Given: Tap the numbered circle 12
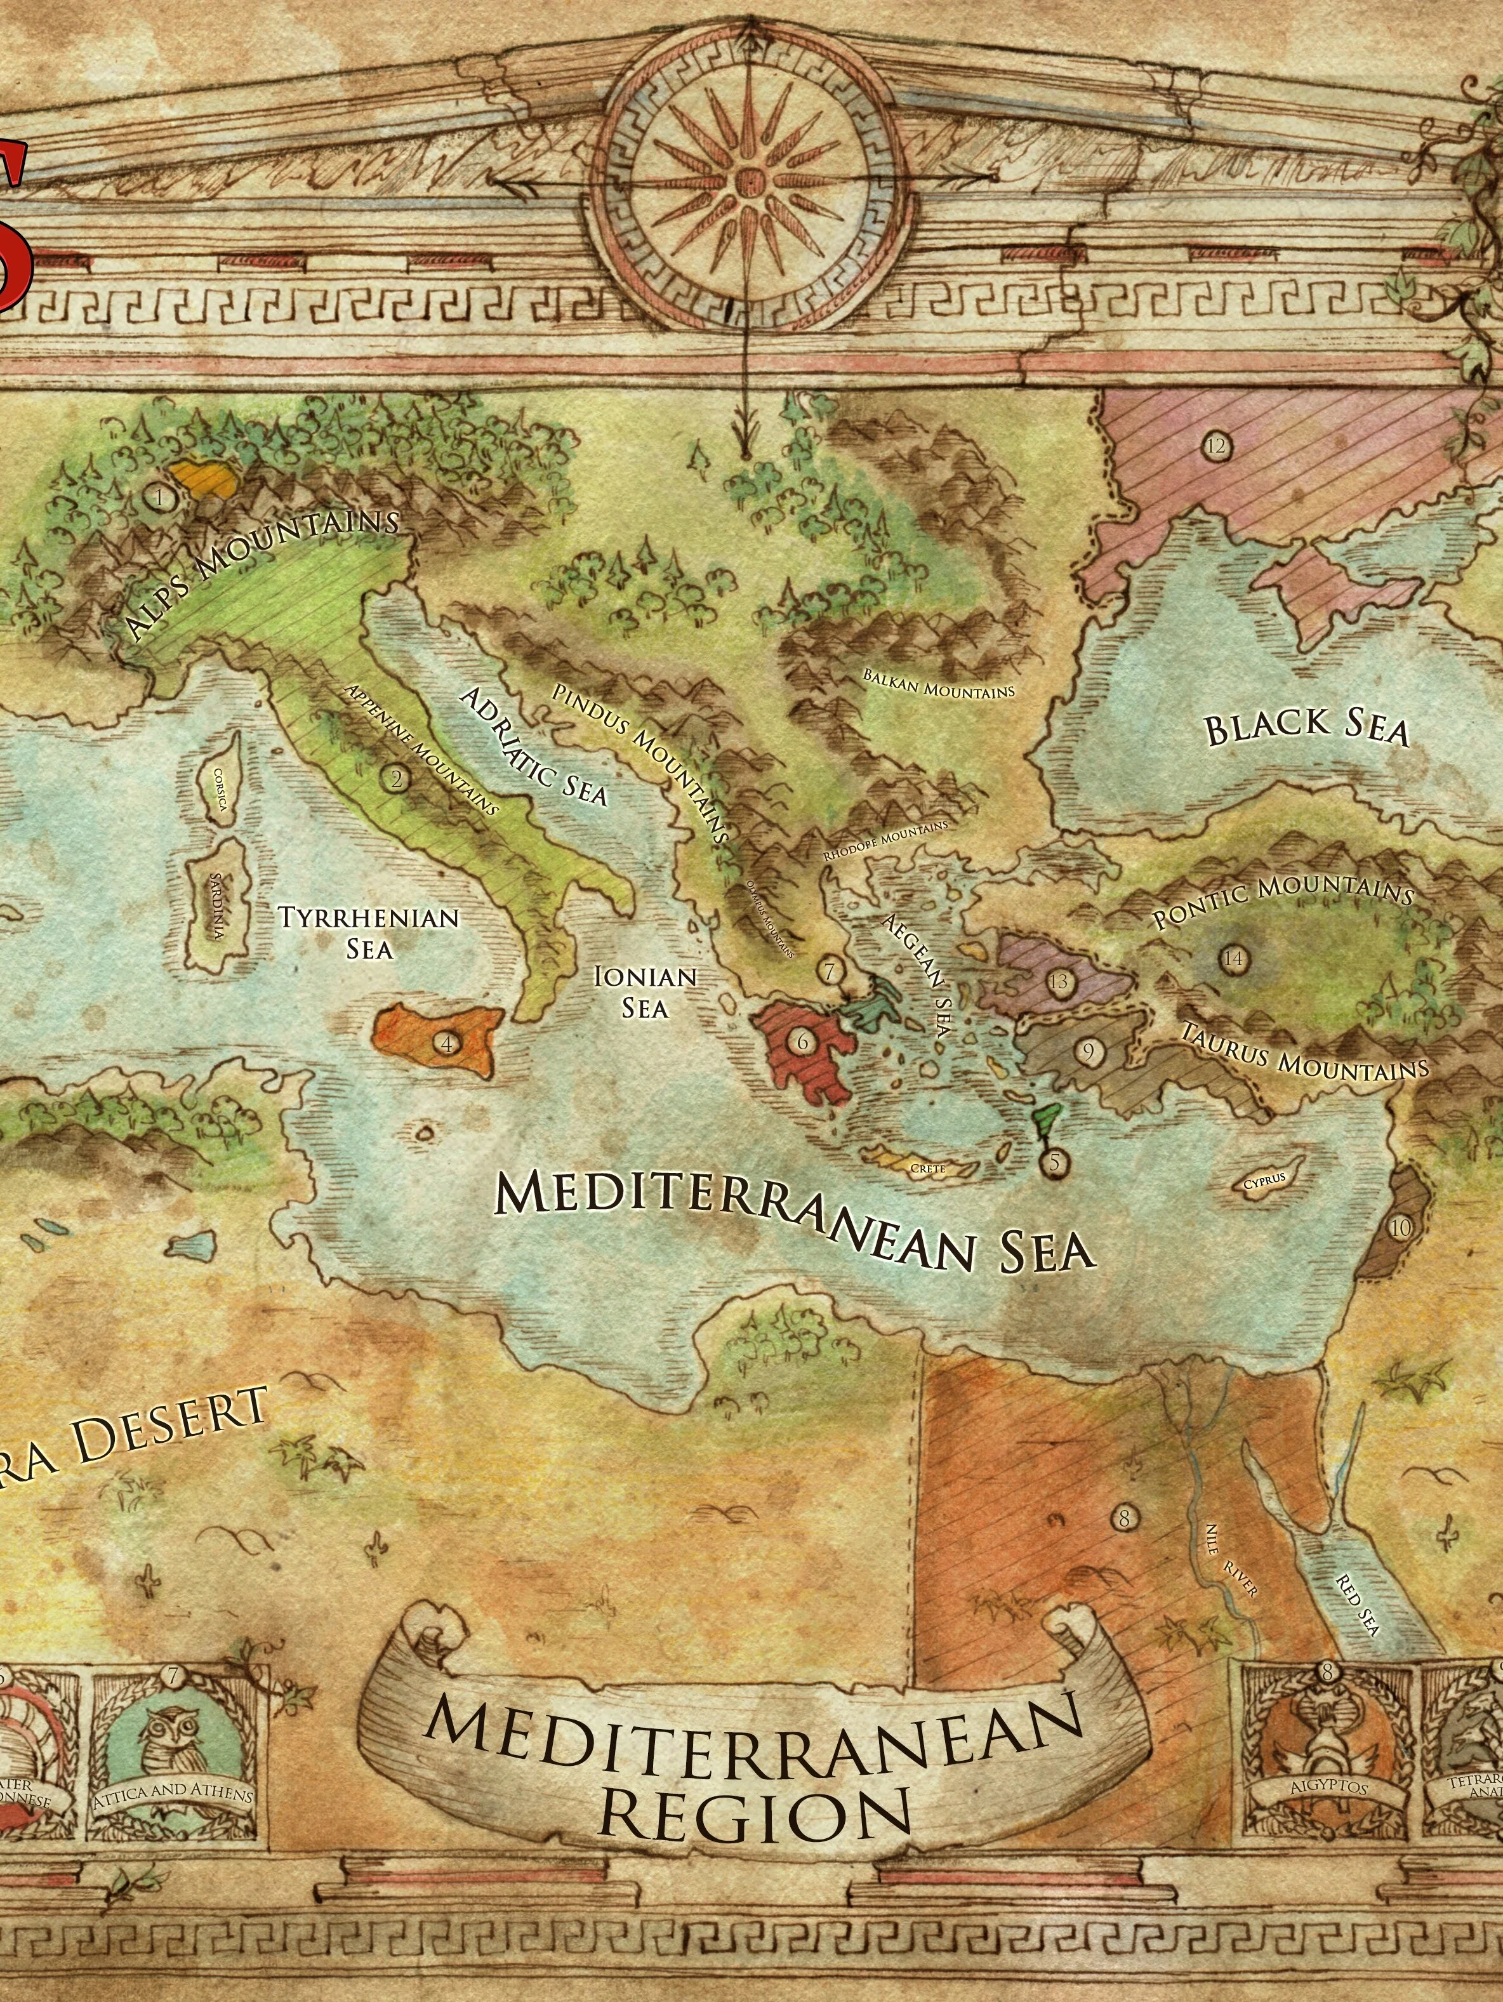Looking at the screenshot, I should (x=1215, y=446).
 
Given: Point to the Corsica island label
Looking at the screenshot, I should (x=220, y=789).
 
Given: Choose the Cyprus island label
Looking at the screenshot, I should (x=1263, y=1184).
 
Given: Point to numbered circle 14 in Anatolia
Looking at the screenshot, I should (x=1233, y=958).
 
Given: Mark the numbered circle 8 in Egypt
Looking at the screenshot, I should (x=1124, y=1518).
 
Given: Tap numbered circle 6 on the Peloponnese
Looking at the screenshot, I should (x=802, y=1042).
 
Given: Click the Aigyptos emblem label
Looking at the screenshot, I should (x=1327, y=1786).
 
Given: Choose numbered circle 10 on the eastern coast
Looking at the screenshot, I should (x=1400, y=1228).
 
